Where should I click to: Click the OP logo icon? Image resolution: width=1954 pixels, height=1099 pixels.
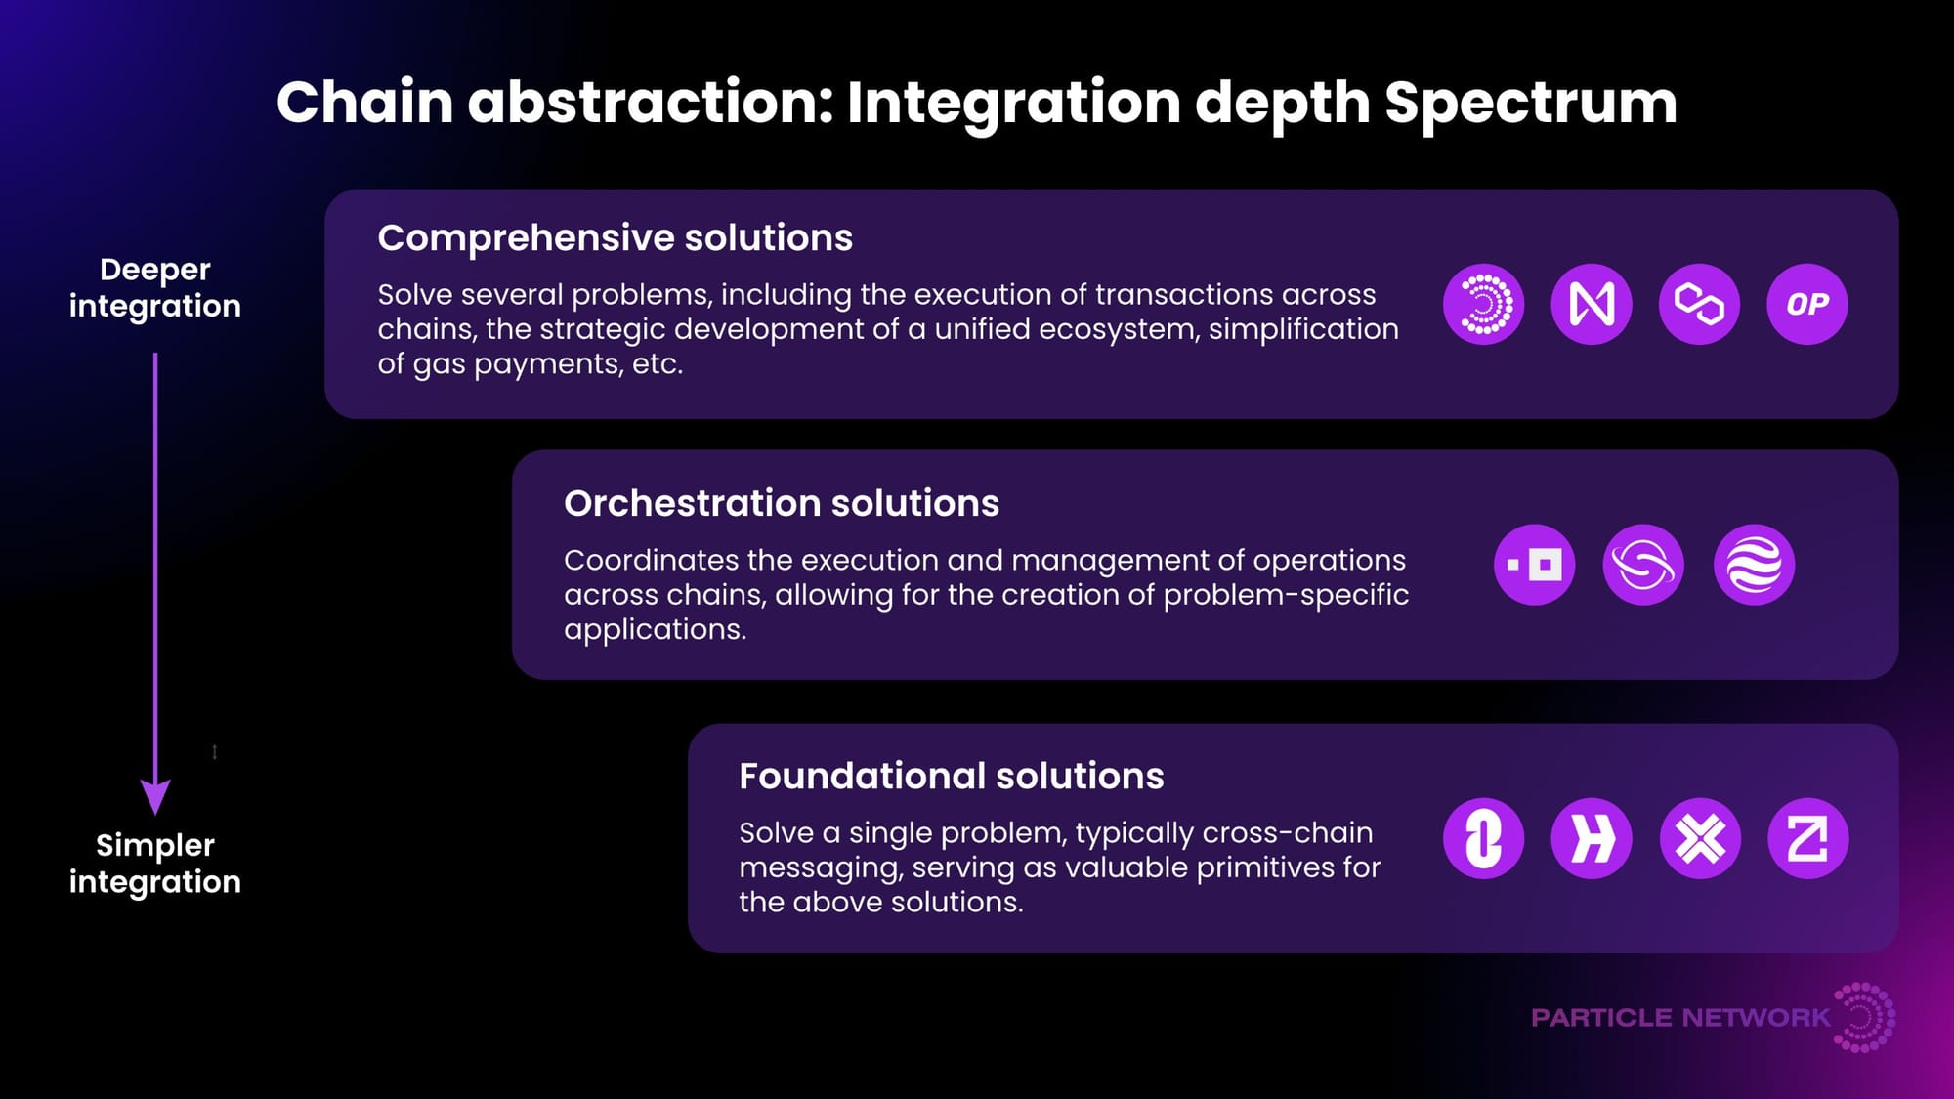point(1807,304)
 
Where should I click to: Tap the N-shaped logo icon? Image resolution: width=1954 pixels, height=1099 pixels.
point(1592,304)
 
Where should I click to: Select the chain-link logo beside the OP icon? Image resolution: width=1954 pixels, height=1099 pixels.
point(1699,304)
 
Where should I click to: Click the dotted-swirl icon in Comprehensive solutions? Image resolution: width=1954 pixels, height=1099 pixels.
point(1483,304)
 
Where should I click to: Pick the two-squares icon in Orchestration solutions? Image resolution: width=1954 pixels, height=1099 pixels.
point(1534,565)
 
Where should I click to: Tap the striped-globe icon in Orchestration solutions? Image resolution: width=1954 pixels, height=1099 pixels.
point(1754,565)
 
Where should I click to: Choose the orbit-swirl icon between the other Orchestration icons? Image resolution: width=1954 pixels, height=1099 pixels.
point(1643,565)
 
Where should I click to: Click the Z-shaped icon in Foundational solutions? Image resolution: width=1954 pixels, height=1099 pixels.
point(1808,838)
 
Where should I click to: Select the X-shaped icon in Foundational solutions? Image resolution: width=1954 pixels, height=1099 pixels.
point(1700,838)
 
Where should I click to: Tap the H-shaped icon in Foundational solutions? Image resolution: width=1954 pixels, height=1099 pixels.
point(1592,838)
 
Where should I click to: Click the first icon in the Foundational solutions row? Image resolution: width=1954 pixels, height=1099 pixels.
point(1483,838)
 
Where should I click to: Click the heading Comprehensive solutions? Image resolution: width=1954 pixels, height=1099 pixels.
point(616,238)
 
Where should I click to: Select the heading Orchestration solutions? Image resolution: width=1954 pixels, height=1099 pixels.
point(782,504)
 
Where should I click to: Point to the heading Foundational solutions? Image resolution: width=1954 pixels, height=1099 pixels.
point(952,777)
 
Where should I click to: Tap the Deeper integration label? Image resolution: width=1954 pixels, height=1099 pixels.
point(155,287)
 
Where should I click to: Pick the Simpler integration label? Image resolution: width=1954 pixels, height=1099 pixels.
point(155,864)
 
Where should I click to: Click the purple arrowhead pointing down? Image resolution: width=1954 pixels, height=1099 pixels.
point(155,797)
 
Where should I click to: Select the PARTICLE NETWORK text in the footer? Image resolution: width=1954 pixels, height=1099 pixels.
point(1680,1018)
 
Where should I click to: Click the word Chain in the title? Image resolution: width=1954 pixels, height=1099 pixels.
point(365,102)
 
